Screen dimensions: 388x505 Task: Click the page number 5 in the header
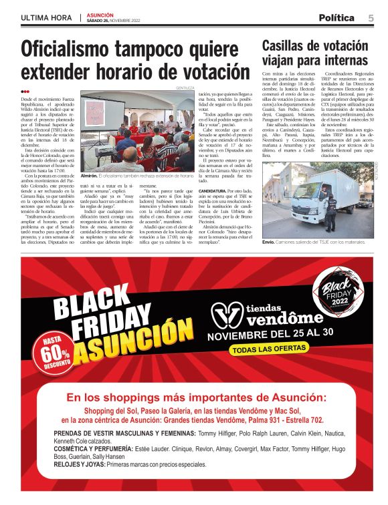pos(371,17)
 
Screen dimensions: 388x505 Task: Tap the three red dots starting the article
pos(25,92)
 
